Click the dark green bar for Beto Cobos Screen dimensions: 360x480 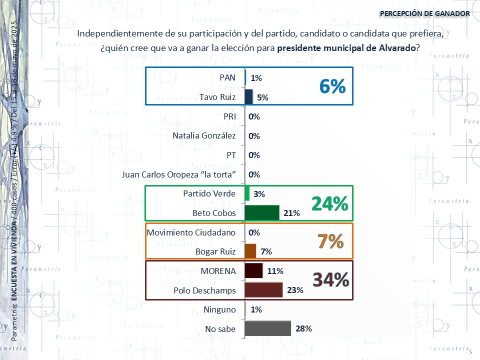(262, 213)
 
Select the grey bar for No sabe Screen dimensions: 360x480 (268, 328)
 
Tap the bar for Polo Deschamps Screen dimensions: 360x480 (263, 290)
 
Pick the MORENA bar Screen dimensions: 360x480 (253, 271)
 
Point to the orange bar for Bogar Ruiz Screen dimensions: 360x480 (250, 251)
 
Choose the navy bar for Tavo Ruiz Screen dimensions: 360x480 (248, 97)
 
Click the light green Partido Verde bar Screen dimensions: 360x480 (247, 193)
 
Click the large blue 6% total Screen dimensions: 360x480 (332, 86)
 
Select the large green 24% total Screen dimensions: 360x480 (329, 203)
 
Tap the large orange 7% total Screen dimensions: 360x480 (331, 242)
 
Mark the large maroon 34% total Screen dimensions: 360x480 (330, 280)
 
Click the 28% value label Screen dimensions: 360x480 (304, 328)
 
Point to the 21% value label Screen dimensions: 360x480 (291, 213)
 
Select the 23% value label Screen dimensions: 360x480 (295, 290)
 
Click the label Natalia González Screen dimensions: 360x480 (204, 136)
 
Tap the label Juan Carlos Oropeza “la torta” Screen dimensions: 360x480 (179, 174)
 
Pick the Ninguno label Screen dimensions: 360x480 (219, 309)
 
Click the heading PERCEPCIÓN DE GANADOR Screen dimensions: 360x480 (424, 13)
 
